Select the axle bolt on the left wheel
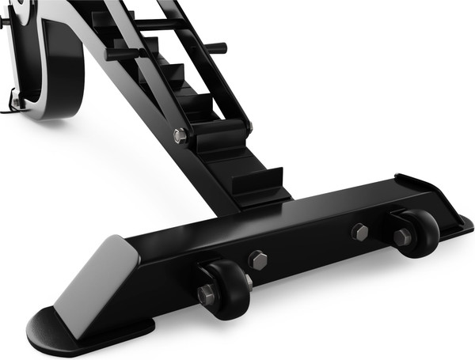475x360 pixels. (206, 295)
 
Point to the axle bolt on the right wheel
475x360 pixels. (401, 237)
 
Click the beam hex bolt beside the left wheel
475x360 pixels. (257, 260)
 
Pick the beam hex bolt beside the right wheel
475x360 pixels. (360, 232)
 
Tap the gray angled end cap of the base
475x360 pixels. (99, 277)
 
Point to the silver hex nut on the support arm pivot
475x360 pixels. (180, 135)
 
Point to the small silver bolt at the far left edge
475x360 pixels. (13, 101)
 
